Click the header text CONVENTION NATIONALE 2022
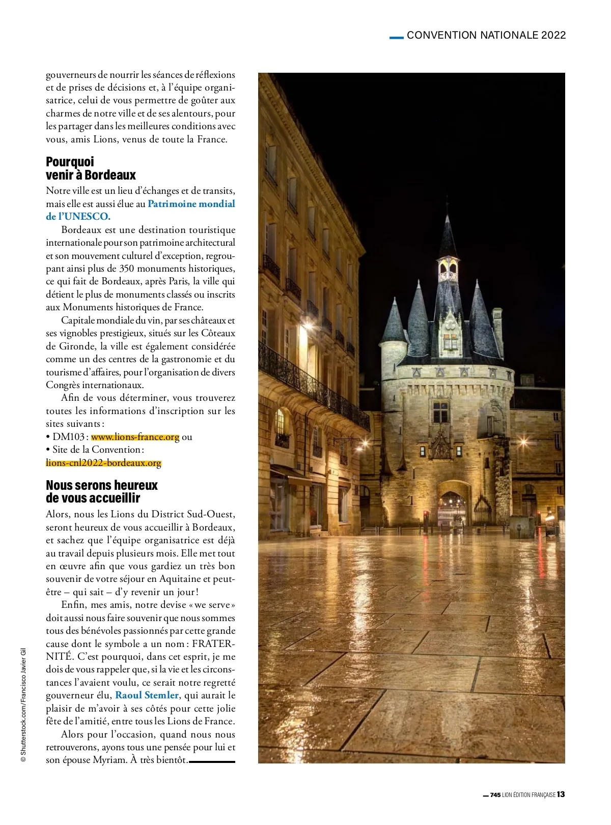(486, 35)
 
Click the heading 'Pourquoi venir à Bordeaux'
(91, 168)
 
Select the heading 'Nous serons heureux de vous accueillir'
(102, 491)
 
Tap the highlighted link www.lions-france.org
(135, 437)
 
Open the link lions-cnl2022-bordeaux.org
(103, 463)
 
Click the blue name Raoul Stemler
(147, 695)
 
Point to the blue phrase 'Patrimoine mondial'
(191, 204)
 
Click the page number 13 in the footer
(561, 794)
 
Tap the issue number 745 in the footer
(495, 795)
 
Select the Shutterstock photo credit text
(23, 704)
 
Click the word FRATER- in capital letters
(213, 644)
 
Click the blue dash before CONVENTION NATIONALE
(396, 37)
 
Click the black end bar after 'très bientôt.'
(212, 761)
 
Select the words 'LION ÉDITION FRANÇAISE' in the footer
(529, 795)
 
